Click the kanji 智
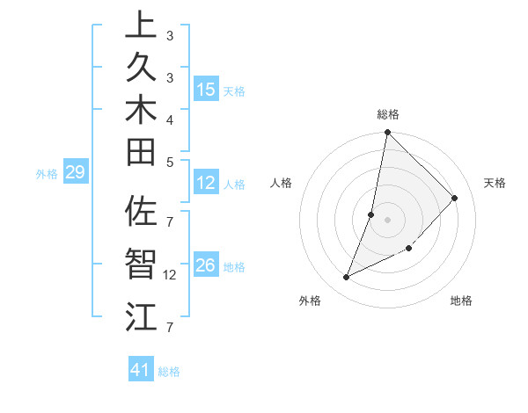pos(141,264)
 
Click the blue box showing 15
pos(206,90)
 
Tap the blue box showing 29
pos(76,173)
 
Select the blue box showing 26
pos(206,265)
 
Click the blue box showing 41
pos(141,370)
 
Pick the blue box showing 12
pos(206,183)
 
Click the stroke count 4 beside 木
pos(169,119)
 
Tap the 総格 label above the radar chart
pos(388,114)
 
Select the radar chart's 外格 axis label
pos(310,301)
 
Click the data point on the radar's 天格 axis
pos(455,198)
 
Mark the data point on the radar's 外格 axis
pos(346,278)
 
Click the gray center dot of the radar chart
pos(387,219)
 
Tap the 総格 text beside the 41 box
pos(170,372)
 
